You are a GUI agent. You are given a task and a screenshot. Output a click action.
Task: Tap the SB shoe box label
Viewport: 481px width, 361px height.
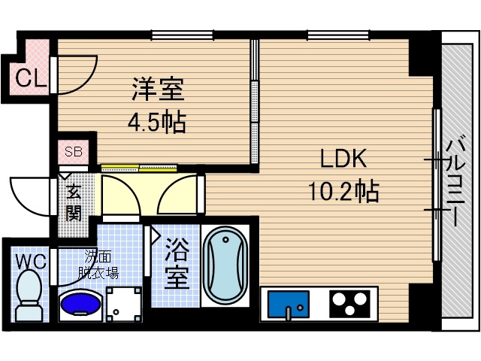[x=74, y=151]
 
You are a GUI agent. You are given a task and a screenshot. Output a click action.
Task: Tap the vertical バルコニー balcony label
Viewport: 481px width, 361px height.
[x=453, y=181]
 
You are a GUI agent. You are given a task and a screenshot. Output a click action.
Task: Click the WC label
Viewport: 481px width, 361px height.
[x=30, y=261]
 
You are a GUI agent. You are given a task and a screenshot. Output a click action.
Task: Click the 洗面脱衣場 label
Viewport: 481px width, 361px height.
[x=99, y=265]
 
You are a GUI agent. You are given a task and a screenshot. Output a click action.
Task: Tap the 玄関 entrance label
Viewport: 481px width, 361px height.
[x=74, y=202]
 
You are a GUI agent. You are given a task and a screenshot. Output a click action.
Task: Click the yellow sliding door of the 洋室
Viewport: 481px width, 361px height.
[x=139, y=168]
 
